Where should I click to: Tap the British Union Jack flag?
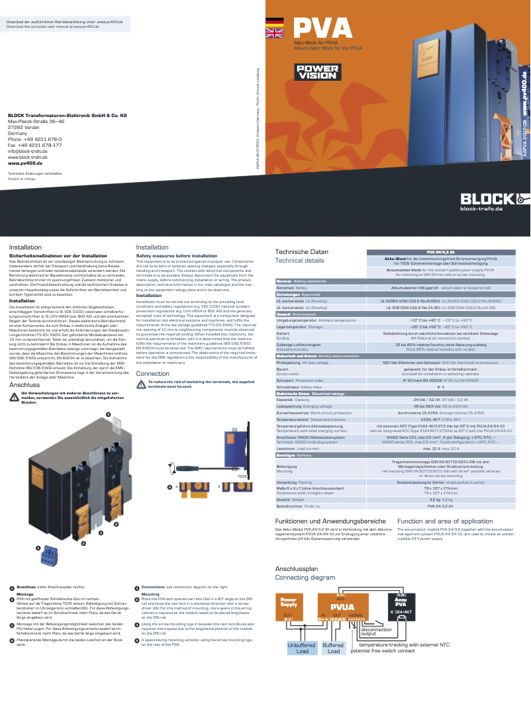point(273,34)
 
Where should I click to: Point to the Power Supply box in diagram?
point(289,606)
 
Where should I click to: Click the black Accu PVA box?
point(401,607)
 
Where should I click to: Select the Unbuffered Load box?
point(302,648)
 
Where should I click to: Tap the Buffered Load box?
point(333,648)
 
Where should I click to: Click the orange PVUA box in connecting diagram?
point(342,607)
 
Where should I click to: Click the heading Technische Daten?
point(301,252)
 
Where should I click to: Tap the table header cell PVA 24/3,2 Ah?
point(440,252)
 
